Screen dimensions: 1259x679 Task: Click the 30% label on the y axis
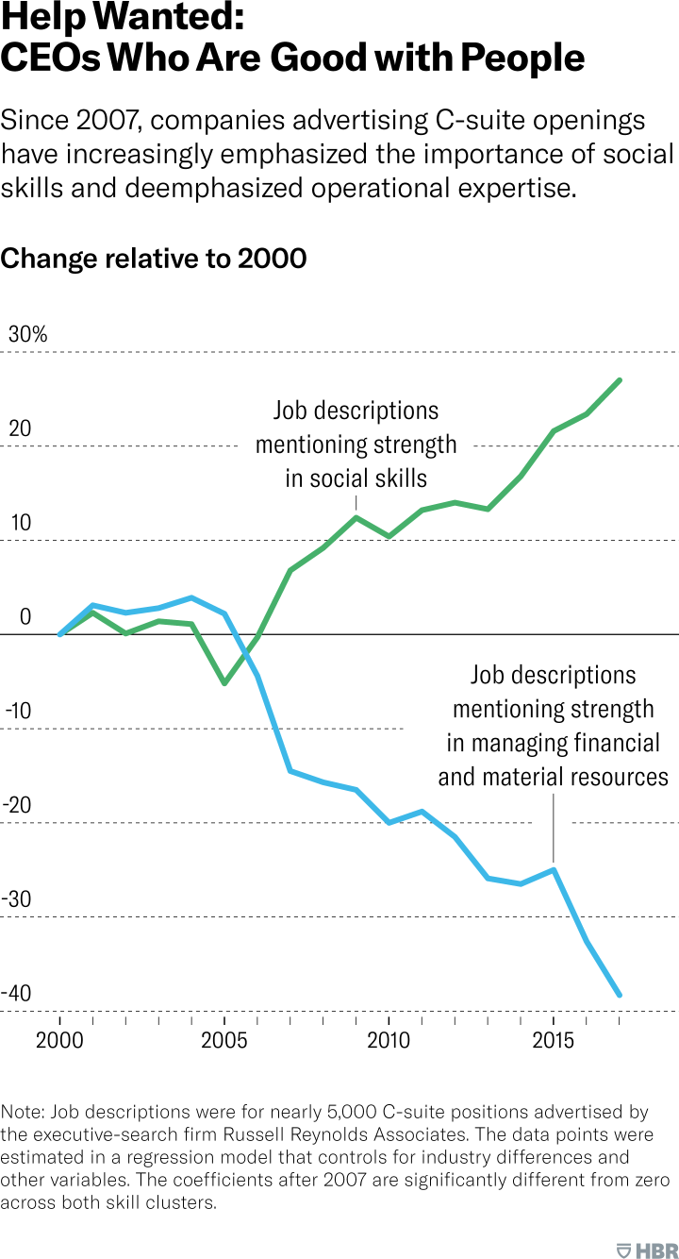(27, 334)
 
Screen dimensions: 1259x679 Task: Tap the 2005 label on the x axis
(224, 1040)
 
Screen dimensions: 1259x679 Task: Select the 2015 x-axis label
(554, 1040)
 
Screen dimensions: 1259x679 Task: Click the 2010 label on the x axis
(389, 1040)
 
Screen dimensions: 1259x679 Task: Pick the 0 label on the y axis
(25, 617)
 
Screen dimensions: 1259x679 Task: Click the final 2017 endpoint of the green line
(620, 380)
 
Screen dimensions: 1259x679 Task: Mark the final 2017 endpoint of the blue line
(620, 995)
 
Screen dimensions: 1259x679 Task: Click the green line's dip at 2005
(224, 682)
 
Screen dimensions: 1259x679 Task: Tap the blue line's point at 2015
(554, 869)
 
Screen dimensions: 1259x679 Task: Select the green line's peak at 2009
(356, 517)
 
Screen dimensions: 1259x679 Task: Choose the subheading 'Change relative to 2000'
(154, 258)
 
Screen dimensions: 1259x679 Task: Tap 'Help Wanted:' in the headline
(123, 18)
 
